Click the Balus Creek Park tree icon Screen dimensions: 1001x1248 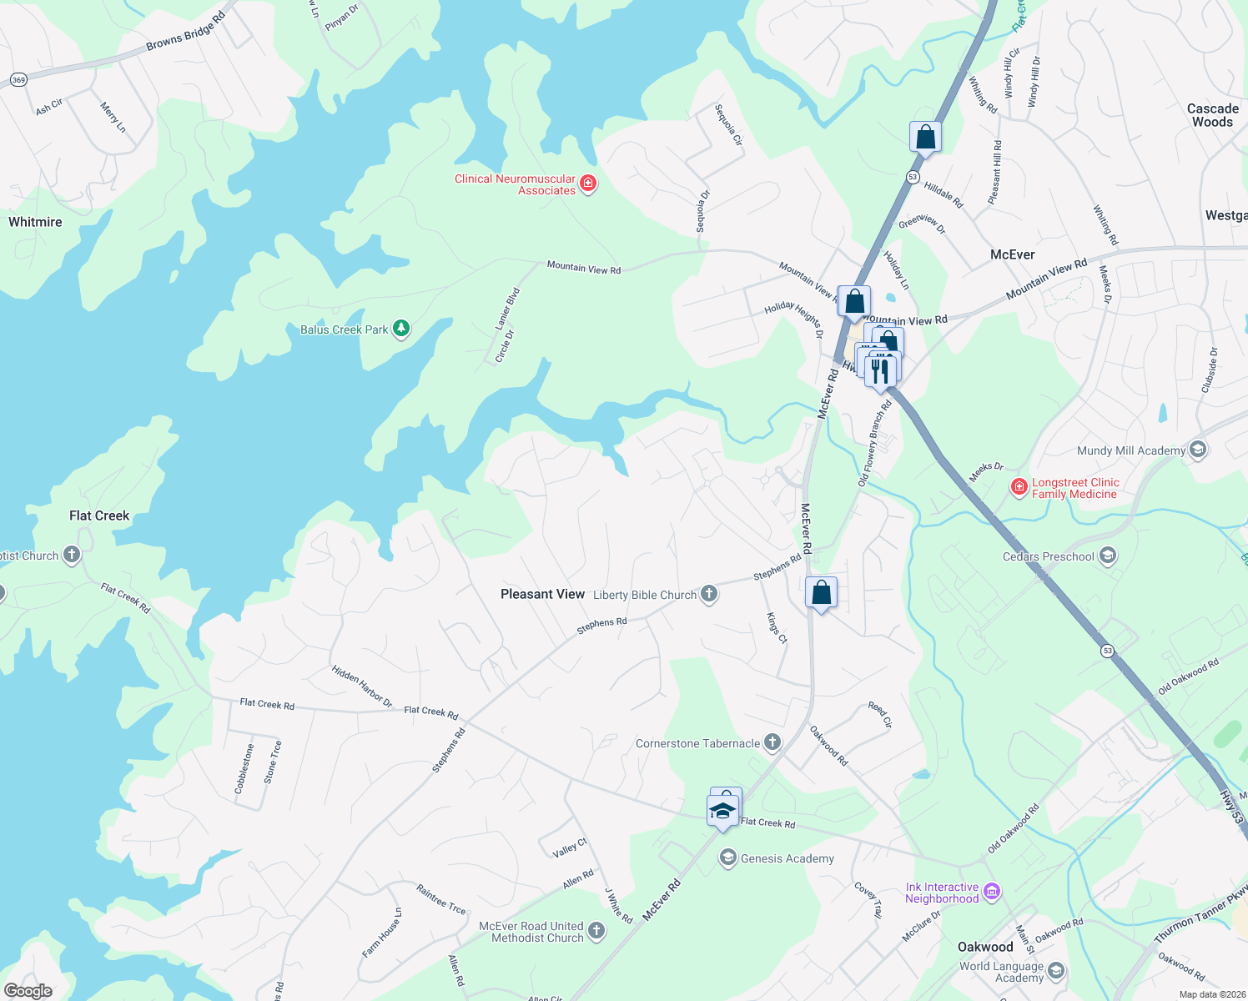[401, 329]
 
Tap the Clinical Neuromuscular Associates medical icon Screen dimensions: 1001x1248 [588, 184]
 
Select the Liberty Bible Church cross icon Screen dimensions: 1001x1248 [709, 594]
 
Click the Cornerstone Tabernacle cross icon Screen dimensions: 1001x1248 [772, 742]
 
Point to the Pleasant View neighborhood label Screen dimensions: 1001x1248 [542, 594]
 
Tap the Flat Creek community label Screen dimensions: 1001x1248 [99, 516]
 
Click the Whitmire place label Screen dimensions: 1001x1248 [35, 222]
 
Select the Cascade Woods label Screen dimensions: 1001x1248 [1212, 115]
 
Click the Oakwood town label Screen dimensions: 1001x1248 [985, 947]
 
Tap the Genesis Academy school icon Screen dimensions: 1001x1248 [728, 858]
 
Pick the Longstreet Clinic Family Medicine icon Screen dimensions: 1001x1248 [1019, 487]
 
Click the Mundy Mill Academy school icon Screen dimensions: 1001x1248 [1198, 450]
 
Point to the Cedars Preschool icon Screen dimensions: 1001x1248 [1108, 556]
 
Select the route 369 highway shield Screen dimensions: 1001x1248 [19, 80]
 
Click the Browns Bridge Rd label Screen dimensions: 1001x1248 [185, 32]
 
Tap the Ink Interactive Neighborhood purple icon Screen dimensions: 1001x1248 [992, 893]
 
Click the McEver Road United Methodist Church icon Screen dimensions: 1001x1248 [596, 931]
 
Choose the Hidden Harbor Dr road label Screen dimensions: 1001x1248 [362, 687]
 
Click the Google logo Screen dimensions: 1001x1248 [28, 990]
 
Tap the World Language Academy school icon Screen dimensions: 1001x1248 [1056, 971]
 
